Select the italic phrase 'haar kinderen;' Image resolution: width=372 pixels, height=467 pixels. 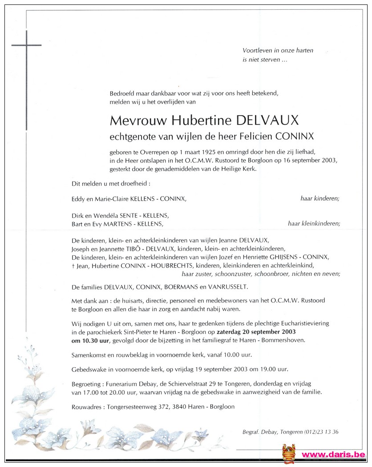[319, 199]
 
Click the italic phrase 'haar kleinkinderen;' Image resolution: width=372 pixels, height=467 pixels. [314, 224]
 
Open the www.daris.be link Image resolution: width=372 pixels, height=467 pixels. [334, 455]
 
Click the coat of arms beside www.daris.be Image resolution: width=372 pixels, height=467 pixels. [288, 454]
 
